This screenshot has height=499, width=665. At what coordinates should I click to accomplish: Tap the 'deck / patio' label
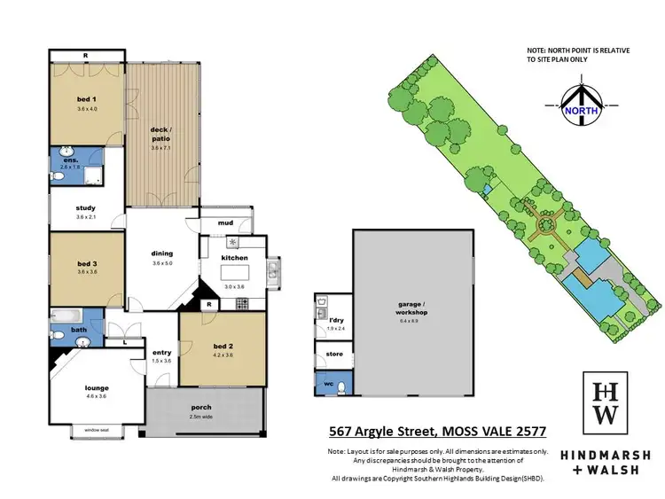pos(161,135)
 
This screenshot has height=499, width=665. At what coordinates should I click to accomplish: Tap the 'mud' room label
pos(225,223)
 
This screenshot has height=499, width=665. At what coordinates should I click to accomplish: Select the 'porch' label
pos(202,408)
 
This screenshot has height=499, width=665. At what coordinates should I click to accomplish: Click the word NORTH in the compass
pos(582,113)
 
